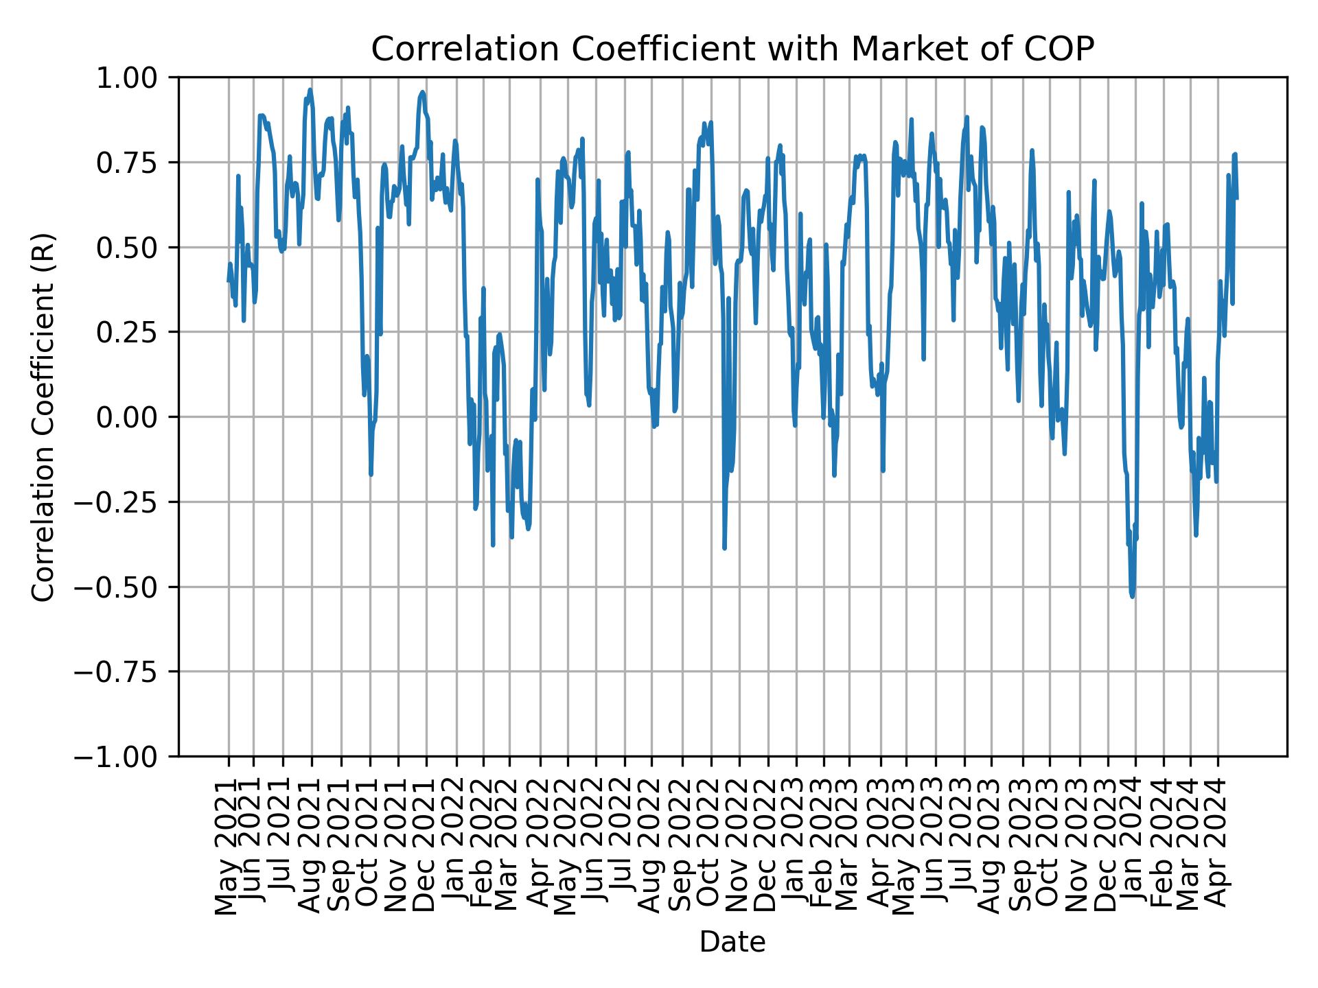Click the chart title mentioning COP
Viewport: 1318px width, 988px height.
[732, 49]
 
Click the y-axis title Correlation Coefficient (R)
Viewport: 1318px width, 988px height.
[43, 416]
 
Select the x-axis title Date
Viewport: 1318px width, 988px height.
[732, 942]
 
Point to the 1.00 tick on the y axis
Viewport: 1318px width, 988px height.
[136, 78]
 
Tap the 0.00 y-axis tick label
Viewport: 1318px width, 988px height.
[136, 417]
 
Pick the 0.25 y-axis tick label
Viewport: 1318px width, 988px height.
[136, 332]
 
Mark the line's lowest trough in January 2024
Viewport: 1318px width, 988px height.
[1132, 596]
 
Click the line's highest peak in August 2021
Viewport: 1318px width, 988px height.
[310, 89]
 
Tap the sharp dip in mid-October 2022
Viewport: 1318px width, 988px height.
[724, 548]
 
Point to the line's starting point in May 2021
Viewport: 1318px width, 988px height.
[229, 281]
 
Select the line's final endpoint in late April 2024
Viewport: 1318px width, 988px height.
[1237, 199]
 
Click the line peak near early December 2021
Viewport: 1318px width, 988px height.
[423, 91]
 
